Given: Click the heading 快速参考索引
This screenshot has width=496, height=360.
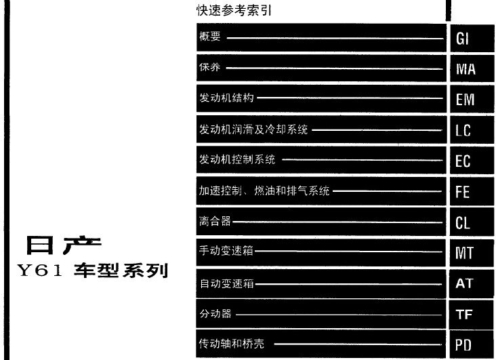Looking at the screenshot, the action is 234,10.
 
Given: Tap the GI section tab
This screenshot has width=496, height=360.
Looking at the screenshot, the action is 472,38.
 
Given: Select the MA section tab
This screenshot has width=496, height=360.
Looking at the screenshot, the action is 472,68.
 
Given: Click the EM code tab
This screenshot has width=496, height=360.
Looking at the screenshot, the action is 472,99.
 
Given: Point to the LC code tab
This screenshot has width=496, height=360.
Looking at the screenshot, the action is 472,129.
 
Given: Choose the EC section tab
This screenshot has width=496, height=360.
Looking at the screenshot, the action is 472,161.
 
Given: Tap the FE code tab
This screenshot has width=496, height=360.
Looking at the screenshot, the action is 472,191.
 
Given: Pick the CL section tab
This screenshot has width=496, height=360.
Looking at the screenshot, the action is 472,222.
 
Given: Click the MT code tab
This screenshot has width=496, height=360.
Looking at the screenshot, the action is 472,253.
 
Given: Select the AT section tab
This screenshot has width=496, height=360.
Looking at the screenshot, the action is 472,283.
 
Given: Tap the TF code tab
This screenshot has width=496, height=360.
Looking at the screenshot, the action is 472,315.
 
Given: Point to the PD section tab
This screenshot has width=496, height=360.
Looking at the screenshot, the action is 472,344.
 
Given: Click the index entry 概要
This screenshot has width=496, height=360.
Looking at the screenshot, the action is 210,36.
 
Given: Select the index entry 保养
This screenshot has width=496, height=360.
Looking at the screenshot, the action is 209,67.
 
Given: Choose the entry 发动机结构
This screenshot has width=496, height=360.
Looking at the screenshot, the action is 226,98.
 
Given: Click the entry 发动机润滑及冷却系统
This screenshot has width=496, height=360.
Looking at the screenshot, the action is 253,129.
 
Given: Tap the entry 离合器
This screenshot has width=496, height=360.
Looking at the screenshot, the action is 215,221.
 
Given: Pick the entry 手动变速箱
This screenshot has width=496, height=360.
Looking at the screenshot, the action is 226,251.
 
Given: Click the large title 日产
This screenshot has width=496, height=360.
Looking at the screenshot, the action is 64,245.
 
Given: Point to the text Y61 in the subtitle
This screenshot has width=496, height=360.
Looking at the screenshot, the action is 40,271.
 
